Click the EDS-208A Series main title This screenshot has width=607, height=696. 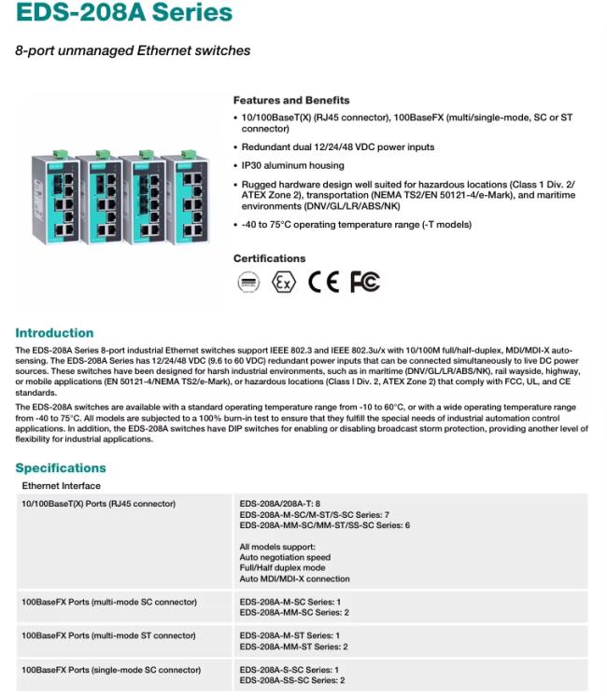pyautogui.click(x=123, y=13)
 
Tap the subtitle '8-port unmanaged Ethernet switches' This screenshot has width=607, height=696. pyautogui.click(x=133, y=50)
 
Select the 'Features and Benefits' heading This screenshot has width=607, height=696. pyautogui.click(x=291, y=100)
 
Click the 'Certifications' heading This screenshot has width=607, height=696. pyautogui.click(x=269, y=258)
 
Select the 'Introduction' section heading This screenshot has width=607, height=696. pyautogui.click(x=54, y=333)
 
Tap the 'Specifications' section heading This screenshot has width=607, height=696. pyautogui.click(x=61, y=468)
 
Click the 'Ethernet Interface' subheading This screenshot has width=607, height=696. pyautogui.click(x=61, y=486)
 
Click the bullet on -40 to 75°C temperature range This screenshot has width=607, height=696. pyautogui.click(x=357, y=225)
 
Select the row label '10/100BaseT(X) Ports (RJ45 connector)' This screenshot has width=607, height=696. pyautogui.click(x=99, y=505)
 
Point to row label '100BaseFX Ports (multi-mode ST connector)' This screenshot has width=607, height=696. pyautogui.click(x=108, y=636)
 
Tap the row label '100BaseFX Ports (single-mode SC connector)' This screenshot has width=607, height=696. pyautogui.click(x=111, y=670)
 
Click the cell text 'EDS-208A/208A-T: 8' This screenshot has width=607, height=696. pyautogui.click(x=280, y=505)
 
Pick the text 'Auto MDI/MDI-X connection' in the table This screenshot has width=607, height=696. pyautogui.click(x=294, y=578)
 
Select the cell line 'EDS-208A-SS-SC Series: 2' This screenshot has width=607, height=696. pyautogui.click(x=293, y=680)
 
